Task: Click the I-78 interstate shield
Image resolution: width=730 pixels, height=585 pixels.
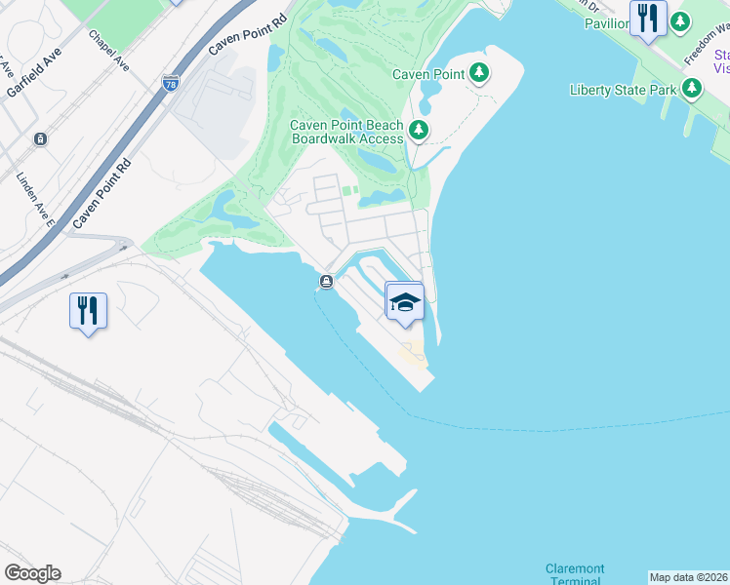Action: click(x=172, y=84)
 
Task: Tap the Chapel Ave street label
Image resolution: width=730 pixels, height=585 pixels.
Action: click(x=108, y=50)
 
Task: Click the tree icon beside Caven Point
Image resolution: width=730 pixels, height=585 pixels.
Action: click(x=478, y=73)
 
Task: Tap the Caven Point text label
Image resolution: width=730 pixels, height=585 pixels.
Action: click(x=426, y=74)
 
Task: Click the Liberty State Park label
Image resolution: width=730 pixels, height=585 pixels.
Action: click(x=623, y=90)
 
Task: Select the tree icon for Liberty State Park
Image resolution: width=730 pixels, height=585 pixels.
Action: click(x=692, y=90)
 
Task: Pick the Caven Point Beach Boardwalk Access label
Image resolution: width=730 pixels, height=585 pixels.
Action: click(x=346, y=132)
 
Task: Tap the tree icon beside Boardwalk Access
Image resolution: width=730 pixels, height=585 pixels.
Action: click(x=419, y=130)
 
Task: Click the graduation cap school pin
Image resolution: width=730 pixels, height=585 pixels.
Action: click(x=405, y=301)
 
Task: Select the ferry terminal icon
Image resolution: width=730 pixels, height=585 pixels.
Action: click(x=326, y=283)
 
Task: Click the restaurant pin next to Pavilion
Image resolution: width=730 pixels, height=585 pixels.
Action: click(x=647, y=19)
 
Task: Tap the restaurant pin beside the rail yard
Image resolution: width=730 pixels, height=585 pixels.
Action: click(x=88, y=311)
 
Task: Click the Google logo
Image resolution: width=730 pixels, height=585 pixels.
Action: click(x=32, y=573)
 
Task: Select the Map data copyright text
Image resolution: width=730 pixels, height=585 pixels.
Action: click(x=689, y=577)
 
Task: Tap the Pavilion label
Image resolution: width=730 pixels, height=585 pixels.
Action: click(x=606, y=23)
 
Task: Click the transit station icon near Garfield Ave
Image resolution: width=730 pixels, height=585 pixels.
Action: click(x=40, y=139)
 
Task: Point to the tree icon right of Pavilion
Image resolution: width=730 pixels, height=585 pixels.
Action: click(x=680, y=20)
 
